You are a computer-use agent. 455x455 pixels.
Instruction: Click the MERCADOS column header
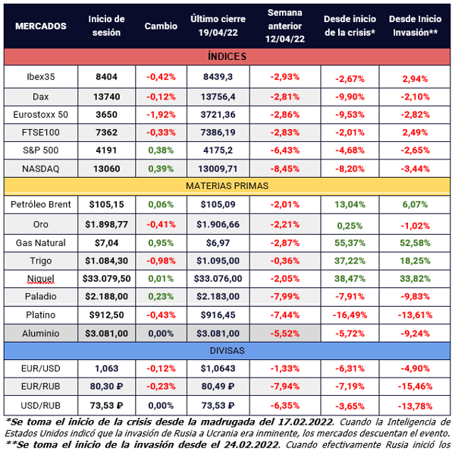coord(41,26)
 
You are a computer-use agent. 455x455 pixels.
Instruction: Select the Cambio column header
coord(161,26)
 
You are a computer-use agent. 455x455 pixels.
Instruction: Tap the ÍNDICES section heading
coord(227,57)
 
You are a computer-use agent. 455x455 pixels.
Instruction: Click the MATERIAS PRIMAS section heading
coord(227,185)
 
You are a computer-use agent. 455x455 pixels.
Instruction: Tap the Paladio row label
coord(41,296)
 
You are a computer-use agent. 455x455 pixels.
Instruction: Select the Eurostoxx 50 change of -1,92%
coord(161,113)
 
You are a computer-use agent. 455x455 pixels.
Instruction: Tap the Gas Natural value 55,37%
coord(350,243)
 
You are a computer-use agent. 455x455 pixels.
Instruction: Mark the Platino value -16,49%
coord(350,314)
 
